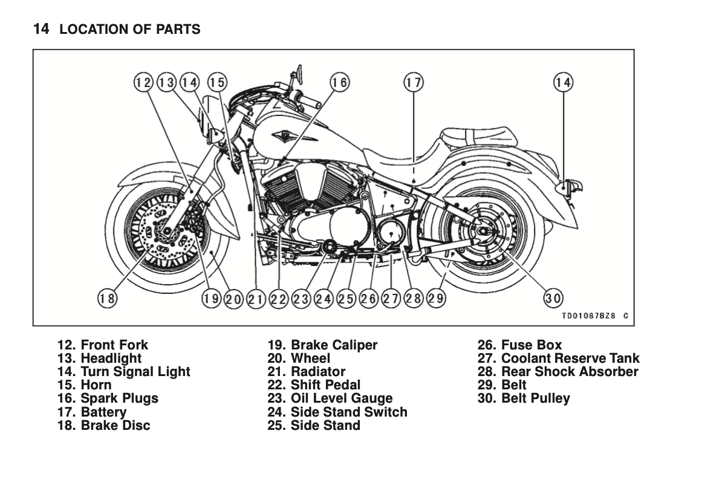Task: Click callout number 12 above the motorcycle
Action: pyautogui.click(x=143, y=82)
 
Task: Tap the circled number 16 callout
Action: pyautogui.click(x=339, y=82)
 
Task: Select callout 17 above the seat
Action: pyautogui.click(x=414, y=82)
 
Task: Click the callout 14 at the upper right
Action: pyautogui.click(x=563, y=82)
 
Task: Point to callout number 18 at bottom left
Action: pyautogui.click(x=107, y=297)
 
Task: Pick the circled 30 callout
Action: pyautogui.click(x=553, y=297)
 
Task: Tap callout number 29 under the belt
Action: pyautogui.click(x=436, y=297)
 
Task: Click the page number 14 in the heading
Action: pyautogui.click(x=41, y=28)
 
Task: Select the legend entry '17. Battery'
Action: pyautogui.click(x=92, y=412)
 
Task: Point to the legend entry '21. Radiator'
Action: pyautogui.click(x=306, y=372)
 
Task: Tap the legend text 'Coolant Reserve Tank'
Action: pyautogui.click(x=570, y=359)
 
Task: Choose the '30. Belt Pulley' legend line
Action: pyautogui.click(x=524, y=398)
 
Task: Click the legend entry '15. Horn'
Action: pyautogui.click(x=85, y=385)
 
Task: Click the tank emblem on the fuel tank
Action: pyautogui.click(x=282, y=134)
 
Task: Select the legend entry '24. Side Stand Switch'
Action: pyautogui.click(x=337, y=412)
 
